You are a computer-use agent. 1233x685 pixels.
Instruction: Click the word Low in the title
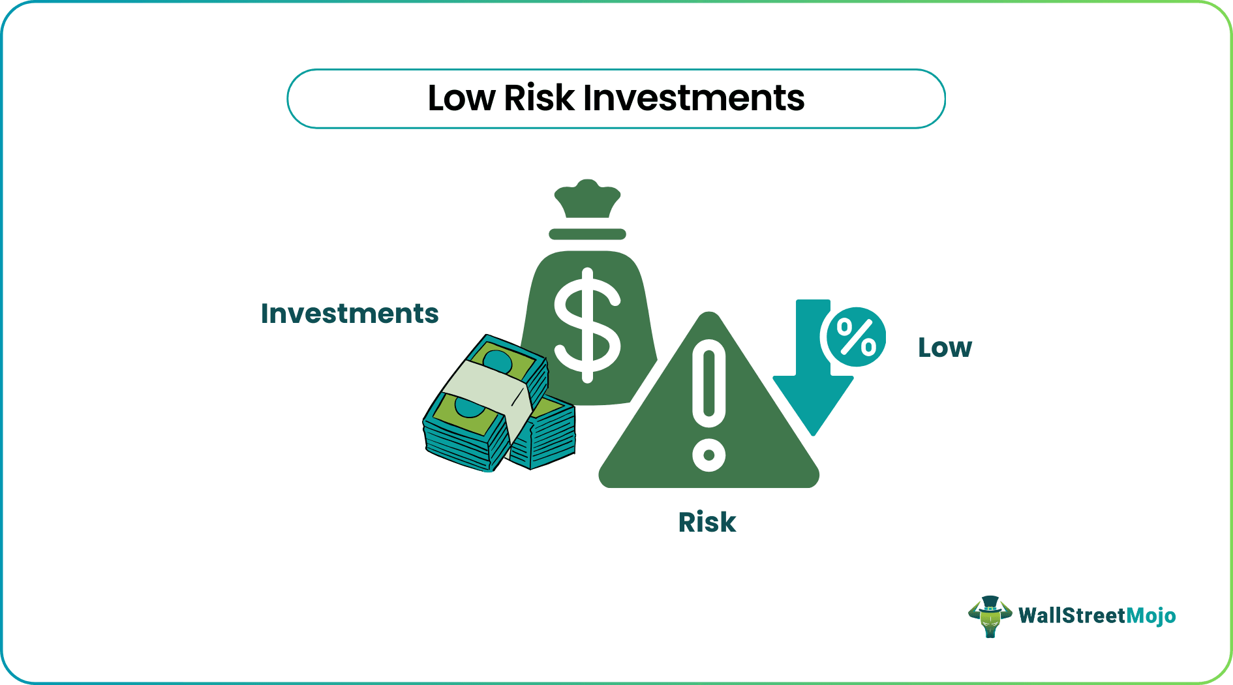point(461,99)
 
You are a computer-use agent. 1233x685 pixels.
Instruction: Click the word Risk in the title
point(539,99)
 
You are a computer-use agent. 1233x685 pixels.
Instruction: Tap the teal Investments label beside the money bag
point(350,314)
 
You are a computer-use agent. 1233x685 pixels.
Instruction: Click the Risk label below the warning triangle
point(707,523)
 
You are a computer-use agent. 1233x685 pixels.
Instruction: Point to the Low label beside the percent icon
point(945,348)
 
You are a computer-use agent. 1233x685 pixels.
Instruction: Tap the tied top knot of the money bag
point(587,198)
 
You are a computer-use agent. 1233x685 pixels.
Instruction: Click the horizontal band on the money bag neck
point(587,234)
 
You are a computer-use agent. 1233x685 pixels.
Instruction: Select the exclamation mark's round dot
point(709,455)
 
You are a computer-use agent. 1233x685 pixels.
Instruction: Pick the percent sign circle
point(856,337)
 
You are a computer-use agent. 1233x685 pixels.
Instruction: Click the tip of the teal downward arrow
point(813,431)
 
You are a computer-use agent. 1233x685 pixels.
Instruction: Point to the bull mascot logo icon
point(990,616)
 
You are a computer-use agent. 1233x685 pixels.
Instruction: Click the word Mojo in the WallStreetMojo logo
point(1151,616)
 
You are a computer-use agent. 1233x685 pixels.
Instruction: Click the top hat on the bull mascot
point(990,603)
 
